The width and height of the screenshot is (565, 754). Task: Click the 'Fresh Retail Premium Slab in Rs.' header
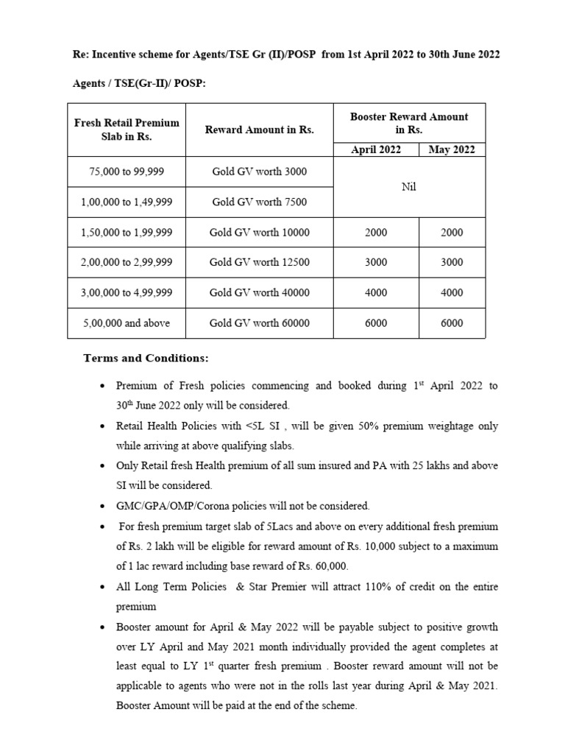[x=127, y=130]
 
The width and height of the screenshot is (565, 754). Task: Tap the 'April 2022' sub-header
[x=376, y=149]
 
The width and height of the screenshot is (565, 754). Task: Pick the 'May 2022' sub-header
[x=452, y=149]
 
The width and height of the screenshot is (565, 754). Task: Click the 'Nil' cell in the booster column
[x=409, y=187]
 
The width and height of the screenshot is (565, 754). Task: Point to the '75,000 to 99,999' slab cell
[x=127, y=172]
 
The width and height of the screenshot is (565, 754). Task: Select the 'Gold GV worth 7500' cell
[x=259, y=202]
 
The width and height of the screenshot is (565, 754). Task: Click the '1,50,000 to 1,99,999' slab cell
[x=127, y=233]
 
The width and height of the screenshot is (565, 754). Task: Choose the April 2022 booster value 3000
[x=376, y=263]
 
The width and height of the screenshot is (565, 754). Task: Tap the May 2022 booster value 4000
[x=452, y=293]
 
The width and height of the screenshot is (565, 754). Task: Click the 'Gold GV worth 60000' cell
[x=259, y=323]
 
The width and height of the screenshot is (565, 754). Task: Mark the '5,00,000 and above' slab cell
[x=127, y=323]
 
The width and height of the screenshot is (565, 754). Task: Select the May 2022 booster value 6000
[x=452, y=323]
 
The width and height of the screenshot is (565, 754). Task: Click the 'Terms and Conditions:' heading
[x=146, y=359]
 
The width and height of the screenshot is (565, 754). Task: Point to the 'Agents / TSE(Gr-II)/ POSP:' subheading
[x=139, y=84]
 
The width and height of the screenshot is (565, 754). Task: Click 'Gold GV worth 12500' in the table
[x=259, y=263]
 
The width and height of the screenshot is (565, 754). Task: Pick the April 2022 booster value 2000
[x=376, y=233]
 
